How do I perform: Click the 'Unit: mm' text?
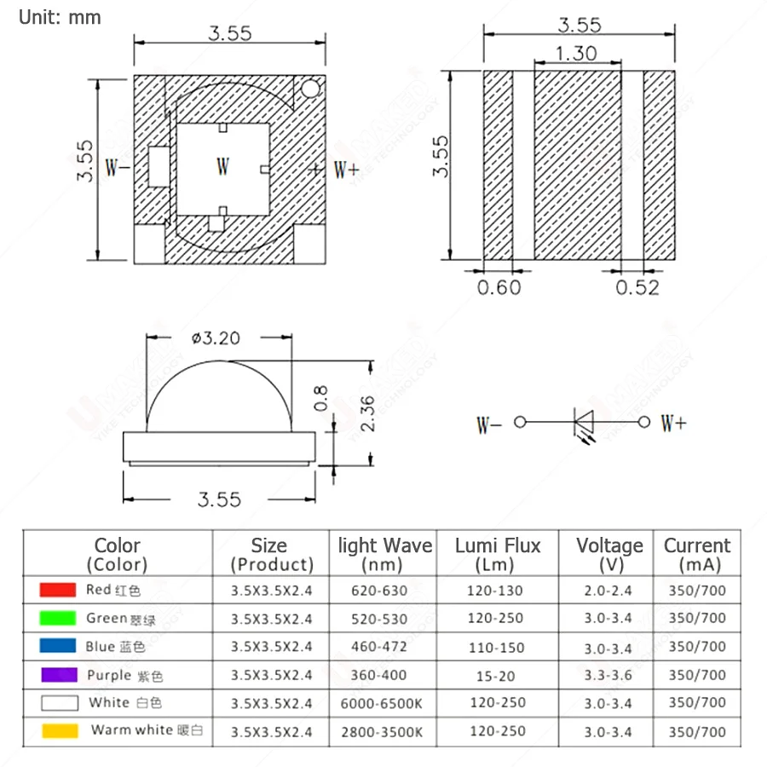point(60,17)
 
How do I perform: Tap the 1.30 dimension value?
point(576,53)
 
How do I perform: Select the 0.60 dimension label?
point(499,287)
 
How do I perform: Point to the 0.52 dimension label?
point(637,287)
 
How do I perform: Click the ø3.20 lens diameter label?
point(216,338)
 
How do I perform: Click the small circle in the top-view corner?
point(311,89)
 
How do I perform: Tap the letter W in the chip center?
point(222,166)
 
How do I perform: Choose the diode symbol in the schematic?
point(584,422)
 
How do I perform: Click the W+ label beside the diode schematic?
point(673,423)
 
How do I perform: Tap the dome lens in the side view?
point(220,396)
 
